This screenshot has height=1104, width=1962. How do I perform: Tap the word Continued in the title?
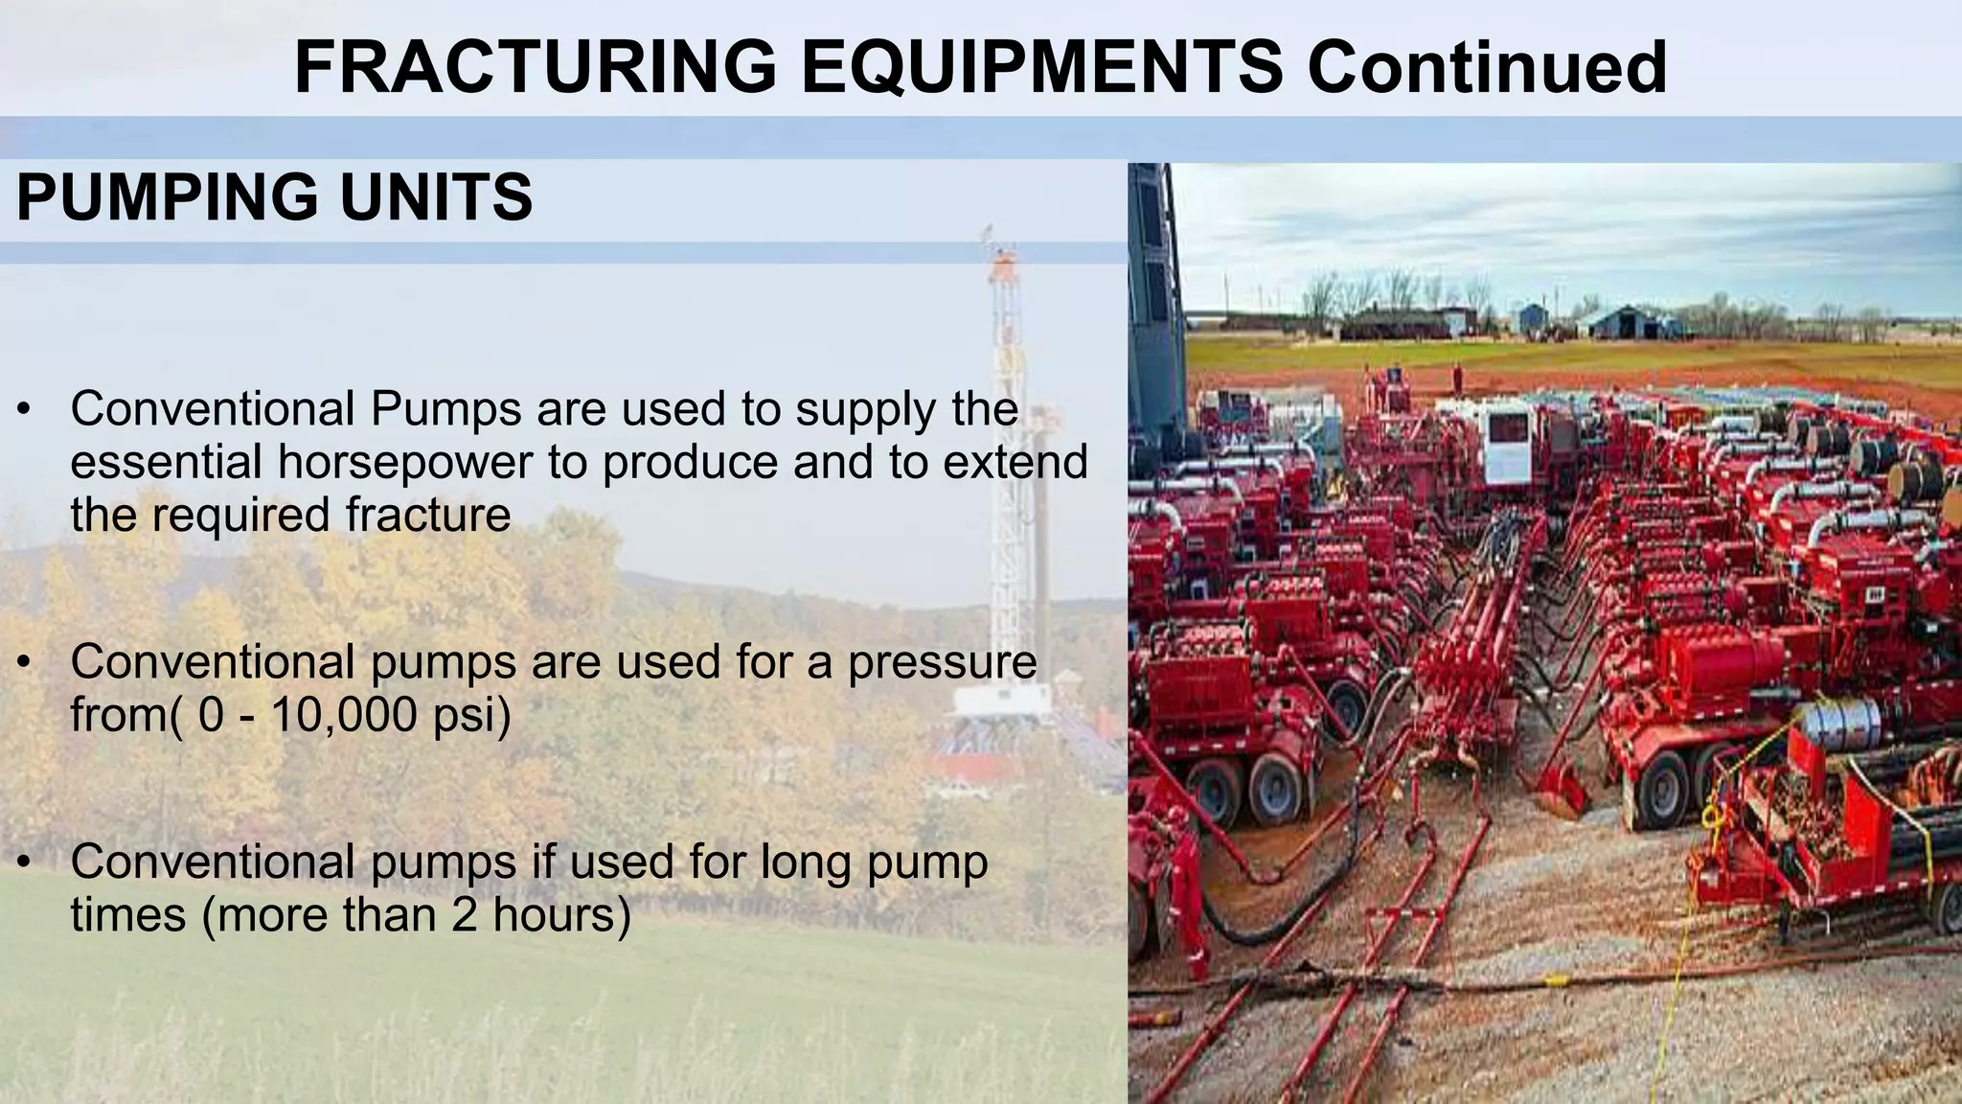1487,67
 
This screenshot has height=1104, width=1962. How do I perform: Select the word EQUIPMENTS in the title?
1041,67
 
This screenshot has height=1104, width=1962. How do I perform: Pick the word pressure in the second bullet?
942,662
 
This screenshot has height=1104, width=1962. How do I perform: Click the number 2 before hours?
464,914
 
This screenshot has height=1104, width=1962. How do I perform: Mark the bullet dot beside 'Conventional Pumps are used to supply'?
26,410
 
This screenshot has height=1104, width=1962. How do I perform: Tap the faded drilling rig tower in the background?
1005,431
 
